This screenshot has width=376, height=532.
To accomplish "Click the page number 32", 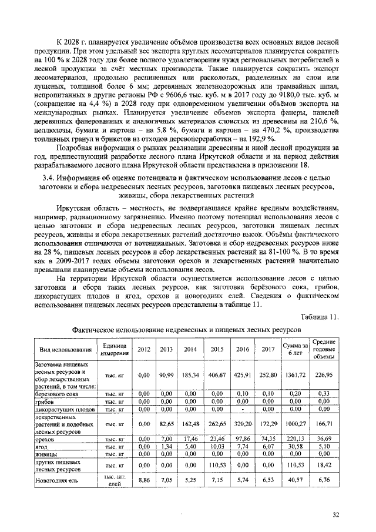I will coord(335,515).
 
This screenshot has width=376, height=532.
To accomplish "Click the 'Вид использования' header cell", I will coord(61,349).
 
